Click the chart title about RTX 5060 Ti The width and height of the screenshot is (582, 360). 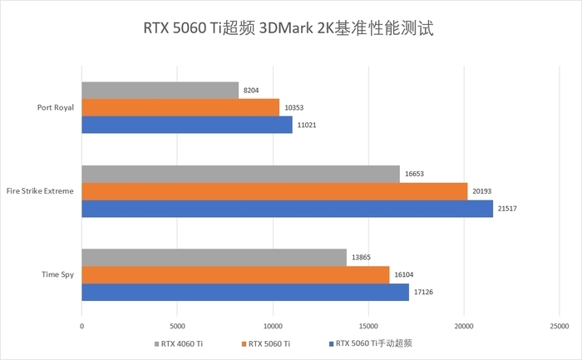tap(290, 28)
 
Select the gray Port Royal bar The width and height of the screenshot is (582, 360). tap(160, 90)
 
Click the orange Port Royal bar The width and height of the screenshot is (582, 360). tap(180, 107)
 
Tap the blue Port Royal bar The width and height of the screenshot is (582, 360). tap(187, 125)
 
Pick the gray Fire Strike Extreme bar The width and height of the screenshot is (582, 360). tap(240, 173)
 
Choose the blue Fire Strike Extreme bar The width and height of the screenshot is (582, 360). tap(287, 208)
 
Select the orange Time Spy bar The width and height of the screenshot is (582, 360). tap(235, 274)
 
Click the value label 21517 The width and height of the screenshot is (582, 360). tap(507, 208)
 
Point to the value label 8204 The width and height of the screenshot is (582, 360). tap(252, 90)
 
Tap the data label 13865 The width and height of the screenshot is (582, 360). tap(362, 257)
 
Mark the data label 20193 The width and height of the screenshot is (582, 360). tap(482, 190)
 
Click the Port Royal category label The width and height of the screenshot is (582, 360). tap(56, 107)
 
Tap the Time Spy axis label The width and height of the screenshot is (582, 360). tap(58, 274)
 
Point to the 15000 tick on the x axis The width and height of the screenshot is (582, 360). tap(367, 327)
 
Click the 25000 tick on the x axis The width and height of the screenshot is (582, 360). tap(559, 327)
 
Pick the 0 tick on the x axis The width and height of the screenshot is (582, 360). tap(81, 327)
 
